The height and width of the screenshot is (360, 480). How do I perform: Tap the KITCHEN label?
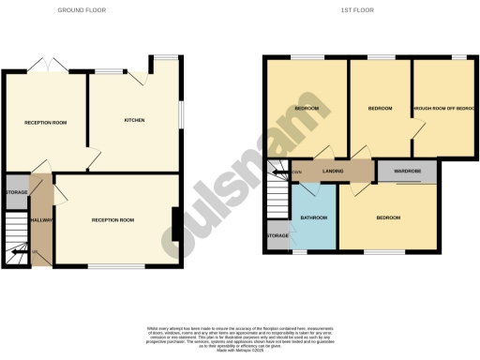[x=134, y=121]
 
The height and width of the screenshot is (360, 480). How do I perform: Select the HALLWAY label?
[x=41, y=219]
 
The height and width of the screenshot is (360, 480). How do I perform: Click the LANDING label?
[x=332, y=172]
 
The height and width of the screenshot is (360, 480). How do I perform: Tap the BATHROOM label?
[x=314, y=217]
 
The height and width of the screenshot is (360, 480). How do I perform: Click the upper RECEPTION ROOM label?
[x=45, y=122]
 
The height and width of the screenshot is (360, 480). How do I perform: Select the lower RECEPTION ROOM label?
[x=112, y=219]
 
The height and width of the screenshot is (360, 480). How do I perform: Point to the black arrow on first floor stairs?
[x=277, y=172]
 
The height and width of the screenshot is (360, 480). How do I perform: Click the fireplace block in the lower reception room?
[x=175, y=224]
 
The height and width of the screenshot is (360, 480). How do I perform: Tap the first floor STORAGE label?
[x=277, y=235]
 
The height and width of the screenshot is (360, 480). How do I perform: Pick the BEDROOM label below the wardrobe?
[x=388, y=217]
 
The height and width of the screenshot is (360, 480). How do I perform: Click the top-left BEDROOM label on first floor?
[x=306, y=109]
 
